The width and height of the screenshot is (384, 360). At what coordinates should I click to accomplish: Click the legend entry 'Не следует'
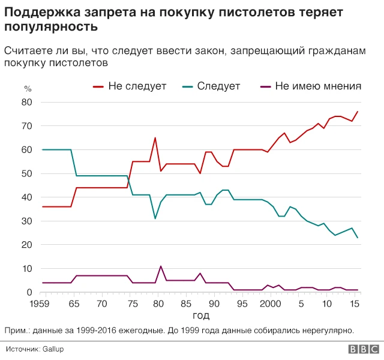tap(137, 86)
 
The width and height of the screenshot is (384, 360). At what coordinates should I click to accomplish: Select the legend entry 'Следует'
tap(218, 86)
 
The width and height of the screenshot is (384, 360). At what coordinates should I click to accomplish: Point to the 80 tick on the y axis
tap(26, 103)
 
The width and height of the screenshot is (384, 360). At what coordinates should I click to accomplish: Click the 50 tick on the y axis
tap(26, 174)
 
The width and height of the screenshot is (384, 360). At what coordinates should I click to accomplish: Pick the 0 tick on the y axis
tap(29, 293)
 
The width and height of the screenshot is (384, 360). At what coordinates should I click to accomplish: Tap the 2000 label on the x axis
tap(271, 304)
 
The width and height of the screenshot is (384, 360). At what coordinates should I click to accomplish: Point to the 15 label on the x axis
tap(355, 304)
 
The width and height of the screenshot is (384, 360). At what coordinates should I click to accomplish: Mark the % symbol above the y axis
tap(27, 89)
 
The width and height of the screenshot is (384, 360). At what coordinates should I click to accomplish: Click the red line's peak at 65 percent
tap(155, 138)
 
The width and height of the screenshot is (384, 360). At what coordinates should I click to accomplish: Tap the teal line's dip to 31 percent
tap(155, 218)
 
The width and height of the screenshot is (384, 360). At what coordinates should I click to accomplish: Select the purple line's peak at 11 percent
tap(161, 266)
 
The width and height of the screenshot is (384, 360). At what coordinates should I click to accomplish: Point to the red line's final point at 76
tap(358, 112)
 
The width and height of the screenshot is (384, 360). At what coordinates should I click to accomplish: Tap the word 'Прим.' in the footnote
tap(16, 329)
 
